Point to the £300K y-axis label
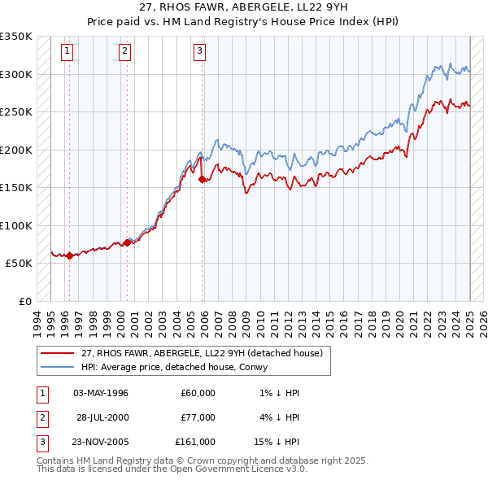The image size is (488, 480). coord(16,74)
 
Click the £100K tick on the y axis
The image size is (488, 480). coord(16,225)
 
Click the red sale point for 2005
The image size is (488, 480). coord(203,179)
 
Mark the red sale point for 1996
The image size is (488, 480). coord(69,255)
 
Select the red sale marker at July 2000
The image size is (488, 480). coord(128,242)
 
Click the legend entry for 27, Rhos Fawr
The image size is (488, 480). coord(202,353)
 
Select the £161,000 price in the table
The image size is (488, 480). coord(195,442)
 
